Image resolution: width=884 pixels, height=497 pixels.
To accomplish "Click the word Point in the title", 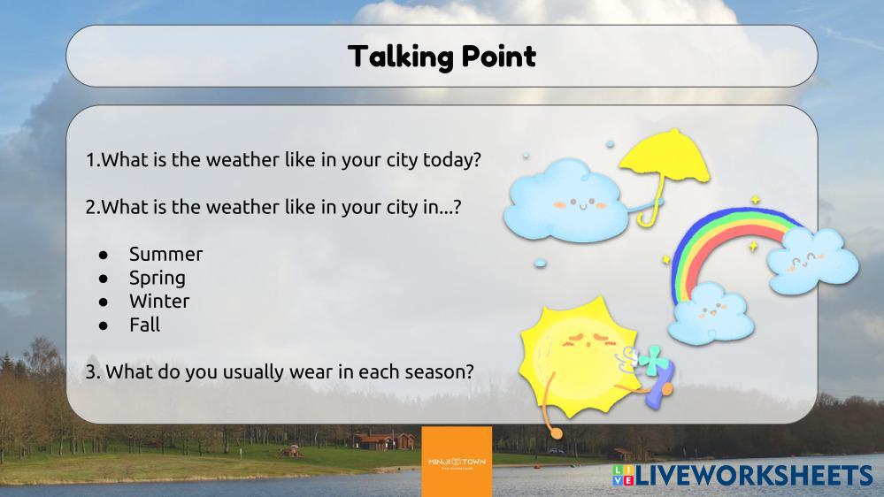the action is point(499,56).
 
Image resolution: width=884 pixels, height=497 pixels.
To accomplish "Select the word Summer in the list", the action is point(165,254).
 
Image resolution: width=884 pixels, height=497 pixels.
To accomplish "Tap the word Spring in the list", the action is point(158,279).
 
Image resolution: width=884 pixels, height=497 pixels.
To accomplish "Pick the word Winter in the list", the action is point(159,301).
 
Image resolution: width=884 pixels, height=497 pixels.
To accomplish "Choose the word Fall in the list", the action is point(145,325).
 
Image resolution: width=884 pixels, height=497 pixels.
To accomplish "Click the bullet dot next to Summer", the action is point(104,255).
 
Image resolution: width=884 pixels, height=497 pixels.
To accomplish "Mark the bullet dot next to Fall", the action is point(104,325).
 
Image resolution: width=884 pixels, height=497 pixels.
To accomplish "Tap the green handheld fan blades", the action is point(653,360).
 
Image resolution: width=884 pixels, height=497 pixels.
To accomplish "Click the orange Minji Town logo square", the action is point(457,462).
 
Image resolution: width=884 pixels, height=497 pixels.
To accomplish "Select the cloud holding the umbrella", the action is point(565,202).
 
